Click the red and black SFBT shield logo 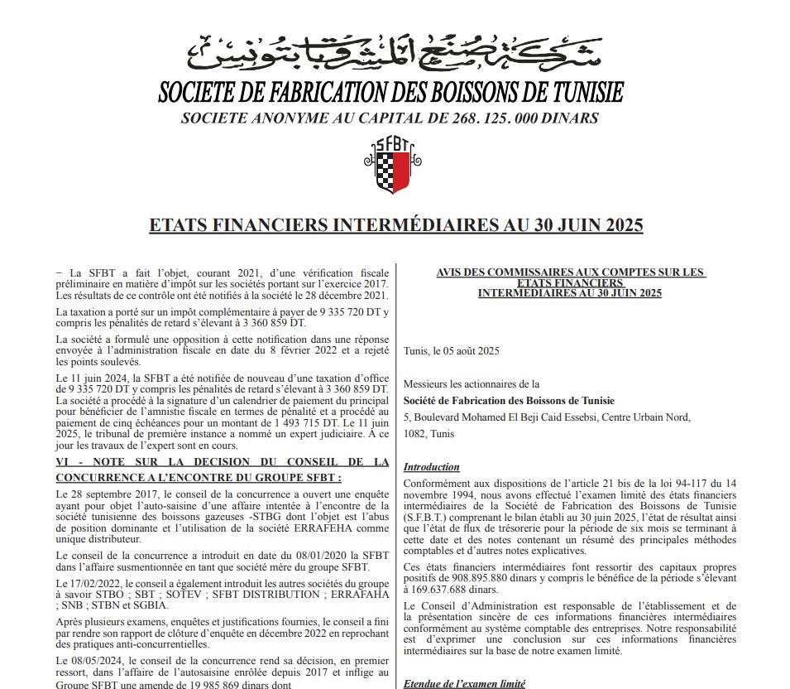tap(390, 166)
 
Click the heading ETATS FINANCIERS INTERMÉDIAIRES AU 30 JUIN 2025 tap(395, 225)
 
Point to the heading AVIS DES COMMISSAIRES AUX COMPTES tap(570, 272)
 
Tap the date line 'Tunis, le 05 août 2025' tap(452, 351)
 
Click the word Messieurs tap(427, 383)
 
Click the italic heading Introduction tap(431, 467)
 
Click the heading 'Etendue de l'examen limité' tap(464, 684)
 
